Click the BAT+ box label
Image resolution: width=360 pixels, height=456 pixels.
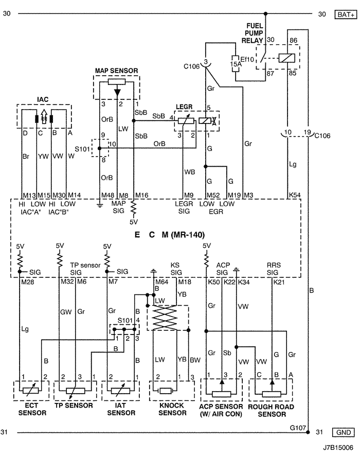pos(346,14)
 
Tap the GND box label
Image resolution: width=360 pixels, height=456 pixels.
pos(343,432)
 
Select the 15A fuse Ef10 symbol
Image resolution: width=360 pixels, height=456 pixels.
pos(236,64)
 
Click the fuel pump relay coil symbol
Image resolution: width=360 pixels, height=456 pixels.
pos(286,58)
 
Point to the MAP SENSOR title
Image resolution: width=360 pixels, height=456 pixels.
pos(116,71)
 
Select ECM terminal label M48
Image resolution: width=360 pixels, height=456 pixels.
pos(107,196)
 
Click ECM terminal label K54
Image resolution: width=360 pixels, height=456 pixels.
pos(294,195)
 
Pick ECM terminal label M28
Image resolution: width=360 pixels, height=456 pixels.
pos(28,282)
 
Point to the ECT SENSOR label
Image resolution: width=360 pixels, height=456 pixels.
pos(32,409)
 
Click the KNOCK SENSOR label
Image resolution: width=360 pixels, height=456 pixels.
pos(172,409)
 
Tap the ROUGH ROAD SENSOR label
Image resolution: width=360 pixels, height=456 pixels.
pos(271,410)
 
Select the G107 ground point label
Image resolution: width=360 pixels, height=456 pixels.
pos(298,428)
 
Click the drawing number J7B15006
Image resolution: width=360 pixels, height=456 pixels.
pos(338,447)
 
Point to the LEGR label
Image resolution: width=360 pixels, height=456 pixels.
pos(184,107)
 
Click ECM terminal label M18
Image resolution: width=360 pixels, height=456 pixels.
pos(185,282)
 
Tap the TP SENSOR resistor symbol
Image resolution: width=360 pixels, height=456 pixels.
pos(76,391)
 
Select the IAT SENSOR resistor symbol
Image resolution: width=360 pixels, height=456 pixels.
pos(121,391)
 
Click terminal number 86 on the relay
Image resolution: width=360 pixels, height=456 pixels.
pos(294,41)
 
